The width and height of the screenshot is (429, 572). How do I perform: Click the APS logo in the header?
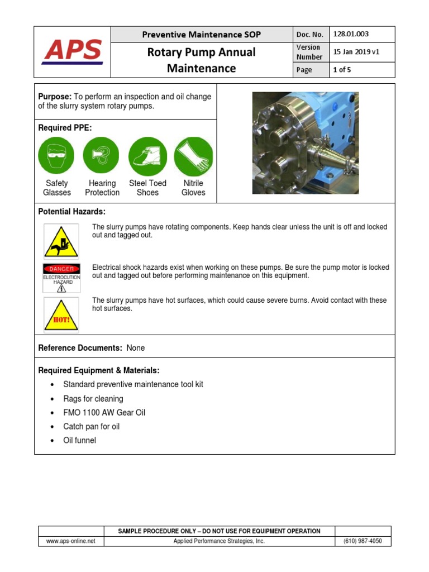coord(73,51)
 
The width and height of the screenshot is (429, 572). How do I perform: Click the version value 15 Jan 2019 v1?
coord(356,52)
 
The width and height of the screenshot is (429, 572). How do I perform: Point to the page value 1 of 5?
coord(342,70)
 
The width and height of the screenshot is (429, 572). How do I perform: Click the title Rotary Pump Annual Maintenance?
coord(201,60)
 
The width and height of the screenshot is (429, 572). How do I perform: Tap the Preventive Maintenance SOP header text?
coord(201,35)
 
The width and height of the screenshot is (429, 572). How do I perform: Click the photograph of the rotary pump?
coord(305,143)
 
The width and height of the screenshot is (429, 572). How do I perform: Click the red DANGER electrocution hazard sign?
coord(61,278)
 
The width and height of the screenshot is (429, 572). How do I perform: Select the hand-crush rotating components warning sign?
coord(61,240)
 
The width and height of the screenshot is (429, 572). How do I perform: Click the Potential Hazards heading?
coord(71,212)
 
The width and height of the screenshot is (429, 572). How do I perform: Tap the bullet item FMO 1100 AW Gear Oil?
coord(104,412)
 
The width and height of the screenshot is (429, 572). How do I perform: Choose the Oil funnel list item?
coord(79,440)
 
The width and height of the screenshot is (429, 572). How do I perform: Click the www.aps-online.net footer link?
coord(71,541)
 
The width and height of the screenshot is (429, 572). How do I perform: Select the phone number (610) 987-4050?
coord(363,541)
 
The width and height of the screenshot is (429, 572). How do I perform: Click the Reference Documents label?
coord(80,348)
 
